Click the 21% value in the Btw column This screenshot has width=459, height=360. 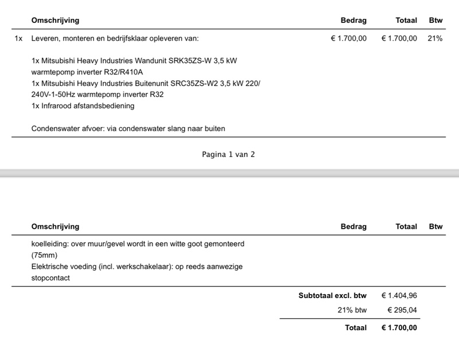click(435, 39)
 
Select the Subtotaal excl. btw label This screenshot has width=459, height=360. click(332, 296)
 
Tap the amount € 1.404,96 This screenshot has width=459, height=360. click(399, 296)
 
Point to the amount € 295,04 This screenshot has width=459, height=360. click(402, 310)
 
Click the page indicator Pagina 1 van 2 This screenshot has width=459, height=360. click(229, 155)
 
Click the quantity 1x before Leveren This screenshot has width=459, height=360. click(19, 39)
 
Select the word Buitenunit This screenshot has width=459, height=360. click(155, 84)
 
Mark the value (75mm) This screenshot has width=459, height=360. click(45, 255)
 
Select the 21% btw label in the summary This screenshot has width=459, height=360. click(352, 310)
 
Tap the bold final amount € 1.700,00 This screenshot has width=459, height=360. click(399, 328)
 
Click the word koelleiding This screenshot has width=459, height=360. click(49, 244)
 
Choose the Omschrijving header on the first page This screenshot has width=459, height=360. click(55, 21)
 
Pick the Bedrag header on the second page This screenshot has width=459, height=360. click(353, 226)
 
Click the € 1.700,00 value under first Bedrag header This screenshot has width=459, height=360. click(349, 39)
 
